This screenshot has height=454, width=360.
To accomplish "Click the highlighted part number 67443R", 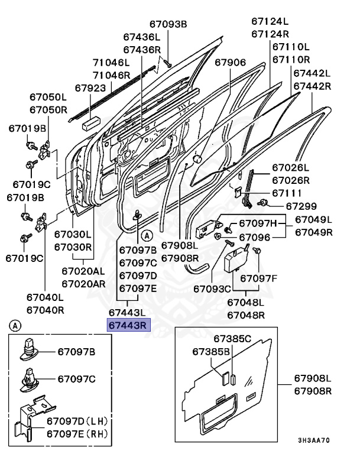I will (128, 325).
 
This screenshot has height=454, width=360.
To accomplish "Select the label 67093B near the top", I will (167, 24).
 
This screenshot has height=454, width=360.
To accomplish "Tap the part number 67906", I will (230, 63).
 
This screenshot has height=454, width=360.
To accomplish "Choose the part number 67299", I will (301, 206).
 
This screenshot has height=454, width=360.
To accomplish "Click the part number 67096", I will (254, 237).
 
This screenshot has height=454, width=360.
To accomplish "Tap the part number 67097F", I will (258, 278).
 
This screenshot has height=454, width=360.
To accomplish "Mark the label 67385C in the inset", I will (232, 339).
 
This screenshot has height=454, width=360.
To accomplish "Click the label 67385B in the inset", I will (210, 352).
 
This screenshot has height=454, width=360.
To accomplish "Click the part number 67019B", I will (27, 128).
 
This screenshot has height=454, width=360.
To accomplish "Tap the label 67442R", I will (312, 86).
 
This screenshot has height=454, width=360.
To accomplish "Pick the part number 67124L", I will (270, 23).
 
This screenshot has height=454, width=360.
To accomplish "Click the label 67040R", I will (45, 309).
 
